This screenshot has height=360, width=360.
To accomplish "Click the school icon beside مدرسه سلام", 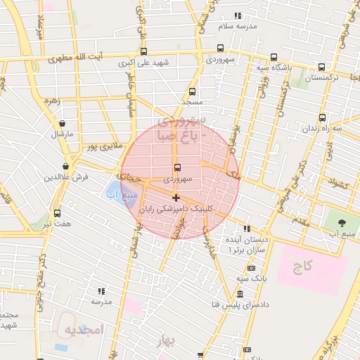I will pyautogui.click(x=238, y=15).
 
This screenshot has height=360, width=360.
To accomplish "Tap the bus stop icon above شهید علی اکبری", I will pyautogui.click(x=144, y=51).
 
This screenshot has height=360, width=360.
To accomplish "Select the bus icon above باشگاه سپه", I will pyautogui.click(x=274, y=58).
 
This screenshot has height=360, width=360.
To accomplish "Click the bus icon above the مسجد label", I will pyautogui.click(x=192, y=91).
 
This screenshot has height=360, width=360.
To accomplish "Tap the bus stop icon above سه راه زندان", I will pyautogui.click(x=322, y=117).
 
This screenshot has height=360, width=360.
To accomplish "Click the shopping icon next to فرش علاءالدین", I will pyautogui.click(x=65, y=166).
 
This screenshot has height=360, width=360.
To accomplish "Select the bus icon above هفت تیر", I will pyautogui.click(x=57, y=213).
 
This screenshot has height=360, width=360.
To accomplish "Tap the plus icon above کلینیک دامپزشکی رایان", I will pyautogui.click(x=176, y=198).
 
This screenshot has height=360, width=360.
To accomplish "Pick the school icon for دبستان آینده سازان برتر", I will pyautogui.click(x=246, y=229).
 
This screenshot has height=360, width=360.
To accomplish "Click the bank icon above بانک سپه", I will pyautogui.click(x=252, y=269).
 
